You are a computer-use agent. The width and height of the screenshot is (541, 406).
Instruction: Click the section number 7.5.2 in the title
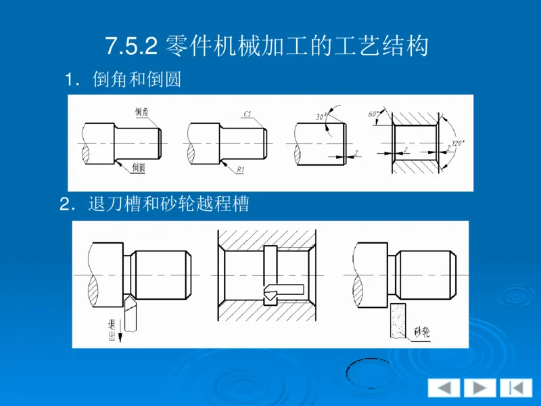pyautogui.click(x=132, y=47)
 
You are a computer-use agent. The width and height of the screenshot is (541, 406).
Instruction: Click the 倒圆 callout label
pyautogui.click(x=139, y=166)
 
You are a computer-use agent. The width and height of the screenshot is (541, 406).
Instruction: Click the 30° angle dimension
pyautogui.click(x=321, y=116)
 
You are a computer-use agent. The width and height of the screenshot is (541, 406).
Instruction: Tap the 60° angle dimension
pyautogui.click(x=373, y=114)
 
